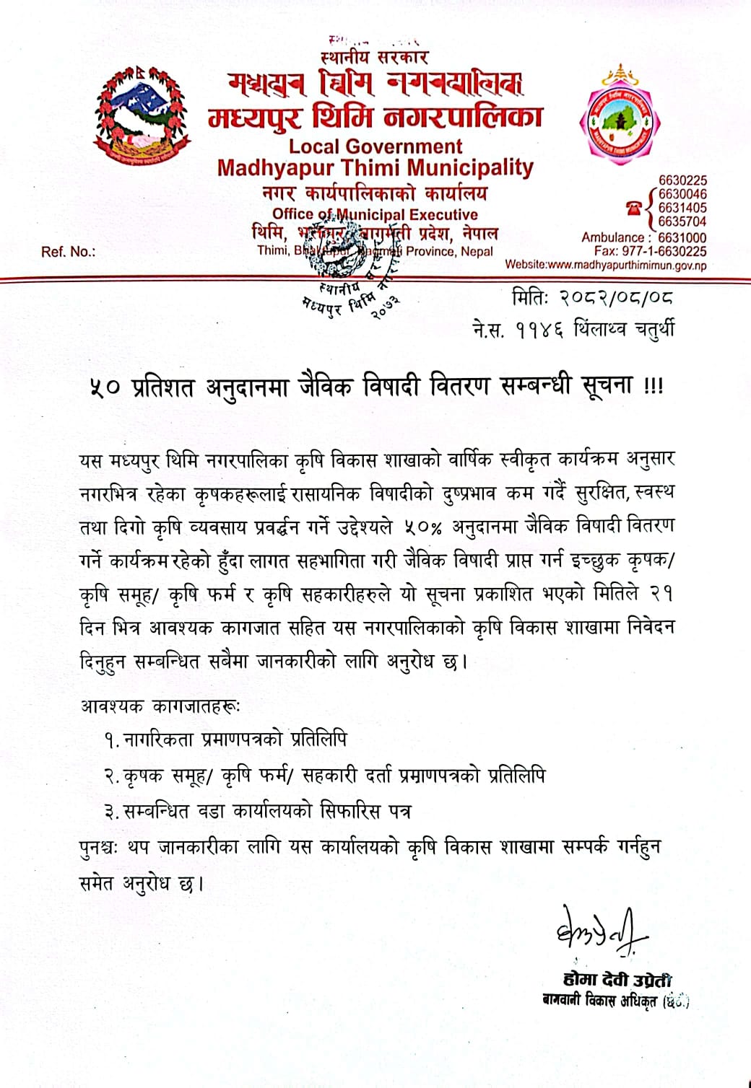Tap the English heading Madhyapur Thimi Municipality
(375, 167)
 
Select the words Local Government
(375, 146)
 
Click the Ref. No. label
(68, 252)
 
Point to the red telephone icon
(634, 208)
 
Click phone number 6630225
(682, 180)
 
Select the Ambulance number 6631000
(682, 237)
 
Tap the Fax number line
(650, 251)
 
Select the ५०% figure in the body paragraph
(422, 527)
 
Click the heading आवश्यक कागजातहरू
(160, 705)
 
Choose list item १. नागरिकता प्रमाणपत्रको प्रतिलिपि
(225, 740)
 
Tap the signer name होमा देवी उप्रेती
(617, 979)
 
